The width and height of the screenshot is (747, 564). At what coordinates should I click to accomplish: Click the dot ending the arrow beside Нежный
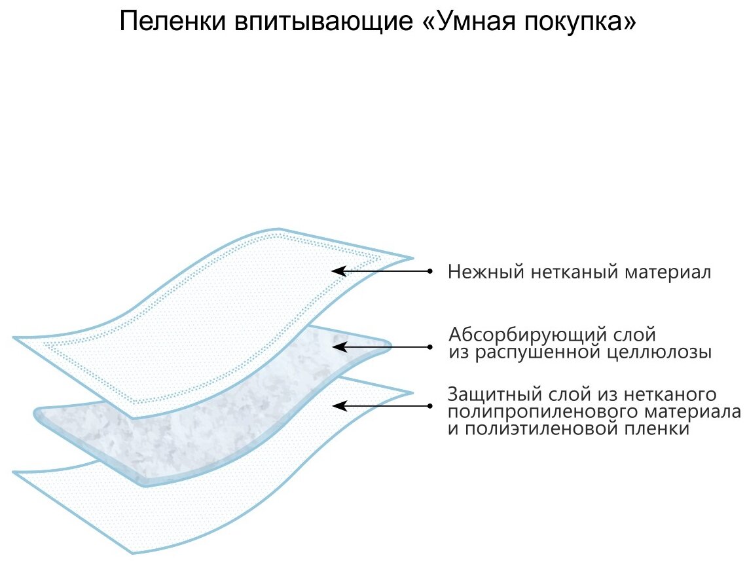click(430, 270)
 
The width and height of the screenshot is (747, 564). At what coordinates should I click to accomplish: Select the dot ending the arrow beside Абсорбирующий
click(430, 345)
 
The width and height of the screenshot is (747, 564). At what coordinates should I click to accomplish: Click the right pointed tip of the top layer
click(412, 257)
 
